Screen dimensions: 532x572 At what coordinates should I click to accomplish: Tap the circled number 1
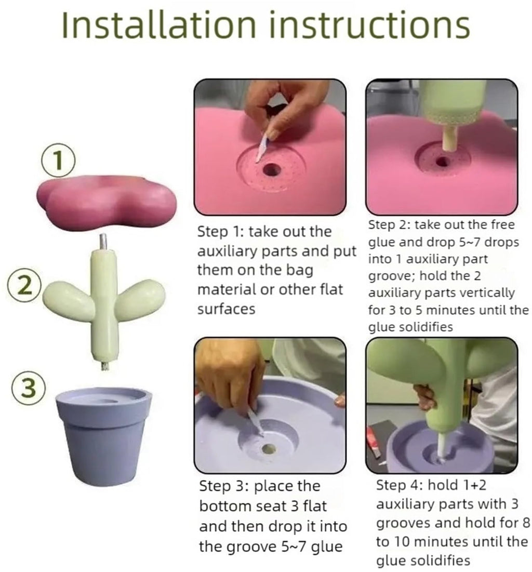58,162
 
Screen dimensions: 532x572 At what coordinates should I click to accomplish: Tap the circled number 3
29,388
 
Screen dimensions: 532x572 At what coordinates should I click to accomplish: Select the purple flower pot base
103,436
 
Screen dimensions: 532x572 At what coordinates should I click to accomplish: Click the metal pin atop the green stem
103,242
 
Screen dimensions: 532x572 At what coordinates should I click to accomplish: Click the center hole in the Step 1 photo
271,170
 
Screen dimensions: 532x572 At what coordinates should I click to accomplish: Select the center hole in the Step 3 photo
269,449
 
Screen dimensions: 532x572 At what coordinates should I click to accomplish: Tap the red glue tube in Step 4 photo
374,442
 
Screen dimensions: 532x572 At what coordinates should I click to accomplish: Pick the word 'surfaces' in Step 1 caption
226,309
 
